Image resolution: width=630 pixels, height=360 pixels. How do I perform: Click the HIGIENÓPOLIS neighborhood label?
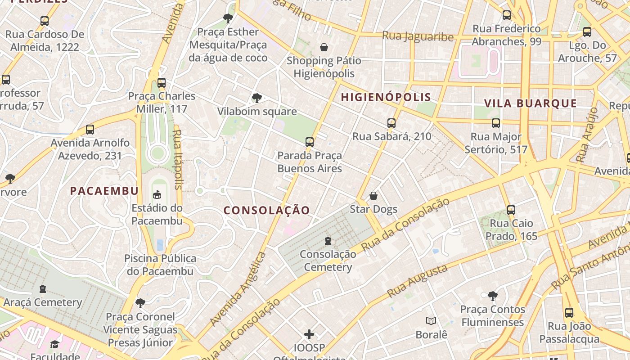tap(386, 97)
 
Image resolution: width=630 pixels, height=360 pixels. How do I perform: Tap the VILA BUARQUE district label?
tap(530, 103)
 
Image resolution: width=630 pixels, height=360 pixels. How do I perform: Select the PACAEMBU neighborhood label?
tap(104, 191)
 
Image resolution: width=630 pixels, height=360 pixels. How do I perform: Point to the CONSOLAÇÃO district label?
tap(267, 210)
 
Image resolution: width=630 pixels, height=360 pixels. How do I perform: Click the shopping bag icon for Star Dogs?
tap(373, 196)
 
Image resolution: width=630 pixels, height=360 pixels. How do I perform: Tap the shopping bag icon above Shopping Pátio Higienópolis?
tap(324, 47)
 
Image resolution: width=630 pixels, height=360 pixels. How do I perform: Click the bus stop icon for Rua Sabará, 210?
tap(391, 123)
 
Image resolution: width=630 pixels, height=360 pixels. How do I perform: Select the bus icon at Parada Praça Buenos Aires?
tap(309, 142)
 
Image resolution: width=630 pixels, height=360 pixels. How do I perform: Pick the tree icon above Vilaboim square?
tap(256, 98)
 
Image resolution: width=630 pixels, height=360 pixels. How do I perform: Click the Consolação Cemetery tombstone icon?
tap(328, 241)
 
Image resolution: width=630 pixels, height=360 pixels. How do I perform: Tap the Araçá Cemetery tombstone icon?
tap(42, 288)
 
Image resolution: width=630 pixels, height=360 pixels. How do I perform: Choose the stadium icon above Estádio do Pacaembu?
tap(157, 194)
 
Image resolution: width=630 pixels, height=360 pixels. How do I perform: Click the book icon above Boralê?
tap(431, 321)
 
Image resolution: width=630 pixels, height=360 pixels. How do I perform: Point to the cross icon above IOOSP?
tap(309, 334)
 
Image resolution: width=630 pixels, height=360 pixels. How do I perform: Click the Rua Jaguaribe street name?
tap(418, 36)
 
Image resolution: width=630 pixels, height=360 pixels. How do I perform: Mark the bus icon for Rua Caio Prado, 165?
tap(511, 210)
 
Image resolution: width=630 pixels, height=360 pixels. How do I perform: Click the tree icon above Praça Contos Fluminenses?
tap(492, 296)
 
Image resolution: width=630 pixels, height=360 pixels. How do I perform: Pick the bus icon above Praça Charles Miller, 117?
tap(161, 83)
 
